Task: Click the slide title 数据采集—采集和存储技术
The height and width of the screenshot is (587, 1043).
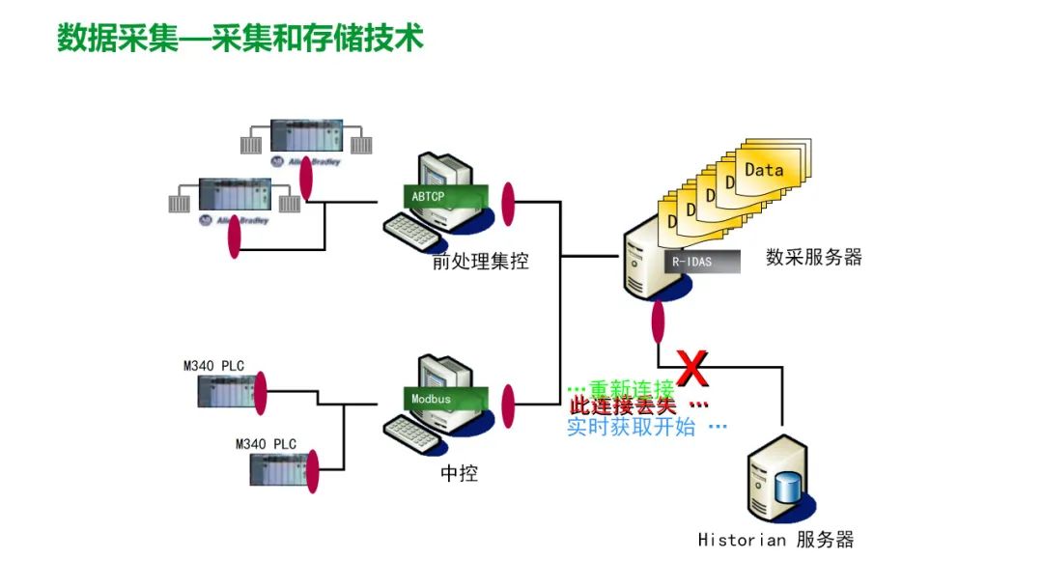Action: click(x=240, y=39)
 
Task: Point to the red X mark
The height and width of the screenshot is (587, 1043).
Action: click(x=691, y=368)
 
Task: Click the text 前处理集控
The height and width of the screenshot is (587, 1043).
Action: click(x=480, y=261)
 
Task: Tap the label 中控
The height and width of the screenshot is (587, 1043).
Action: click(x=459, y=474)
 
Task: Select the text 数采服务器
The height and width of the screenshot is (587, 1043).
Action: click(x=813, y=257)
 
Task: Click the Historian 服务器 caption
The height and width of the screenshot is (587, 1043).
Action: click(x=775, y=540)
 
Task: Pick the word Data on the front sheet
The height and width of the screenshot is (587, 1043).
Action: click(x=764, y=170)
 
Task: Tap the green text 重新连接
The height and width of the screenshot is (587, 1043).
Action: click(x=632, y=389)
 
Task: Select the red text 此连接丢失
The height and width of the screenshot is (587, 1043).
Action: click(x=623, y=406)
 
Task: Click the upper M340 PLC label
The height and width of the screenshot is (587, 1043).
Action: click(x=213, y=366)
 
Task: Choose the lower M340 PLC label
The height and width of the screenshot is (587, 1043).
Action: click(x=266, y=444)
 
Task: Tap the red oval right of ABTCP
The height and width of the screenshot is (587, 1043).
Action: click(x=508, y=205)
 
